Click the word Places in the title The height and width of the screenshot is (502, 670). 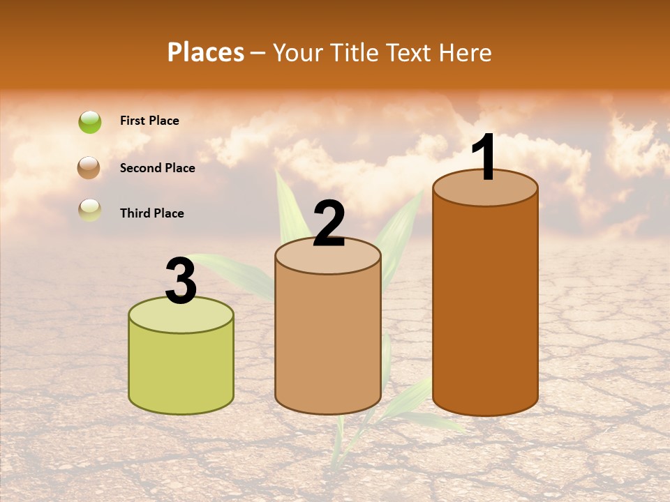pyautogui.click(x=206, y=52)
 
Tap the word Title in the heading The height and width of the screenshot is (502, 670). pyautogui.click(x=355, y=52)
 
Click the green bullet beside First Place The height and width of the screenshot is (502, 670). pyautogui.click(x=90, y=122)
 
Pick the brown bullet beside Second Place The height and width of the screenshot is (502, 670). pyautogui.click(x=89, y=168)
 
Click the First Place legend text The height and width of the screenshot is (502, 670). pyautogui.click(x=149, y=121)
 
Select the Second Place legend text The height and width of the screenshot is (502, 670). pyautogui.click(x=157, y=168)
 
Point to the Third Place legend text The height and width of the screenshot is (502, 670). pyautogui.click(x=151, y=213)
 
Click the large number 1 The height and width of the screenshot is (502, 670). pyautogui.click(x=484, y=158)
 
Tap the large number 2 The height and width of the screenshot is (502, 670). pyautogui.click(x=329, y=224)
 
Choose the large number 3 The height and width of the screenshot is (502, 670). pyautogui.click(x=181, y=281)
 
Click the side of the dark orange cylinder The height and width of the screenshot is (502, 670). pyautogui.click(x=485, y=307)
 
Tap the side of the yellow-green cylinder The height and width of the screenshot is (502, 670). pyautogui.click(x=181, y=370)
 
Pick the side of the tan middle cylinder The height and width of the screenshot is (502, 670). pyautogui.click(x=328, y=342)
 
